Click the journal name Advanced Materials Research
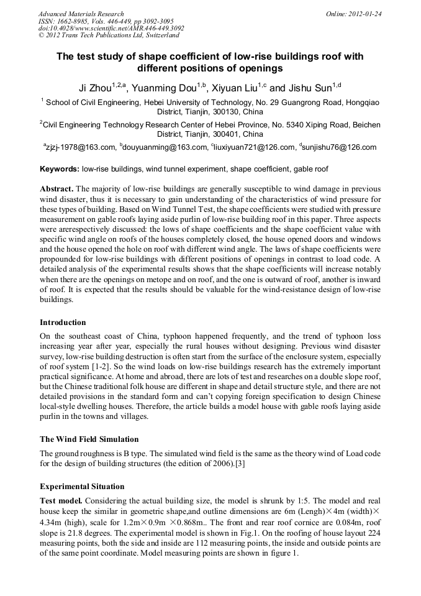81,14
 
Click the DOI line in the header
111,28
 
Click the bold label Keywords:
60,169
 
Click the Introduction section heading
63,323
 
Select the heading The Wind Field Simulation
89,439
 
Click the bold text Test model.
61,501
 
